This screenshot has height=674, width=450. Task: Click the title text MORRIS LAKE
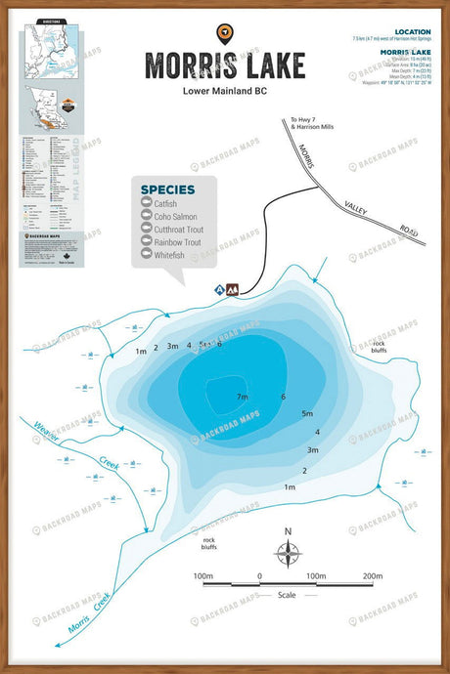point(226,65)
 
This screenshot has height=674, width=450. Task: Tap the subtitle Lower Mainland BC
point(225,93)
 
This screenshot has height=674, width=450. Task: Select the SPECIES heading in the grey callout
point(167,189)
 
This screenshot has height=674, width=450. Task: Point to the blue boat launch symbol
point(220,290)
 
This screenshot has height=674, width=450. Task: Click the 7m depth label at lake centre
point(242,397)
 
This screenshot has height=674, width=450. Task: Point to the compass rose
point(288,554)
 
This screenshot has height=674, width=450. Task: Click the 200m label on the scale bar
point(372,576)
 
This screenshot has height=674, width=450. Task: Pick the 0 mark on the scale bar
point(259,576)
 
